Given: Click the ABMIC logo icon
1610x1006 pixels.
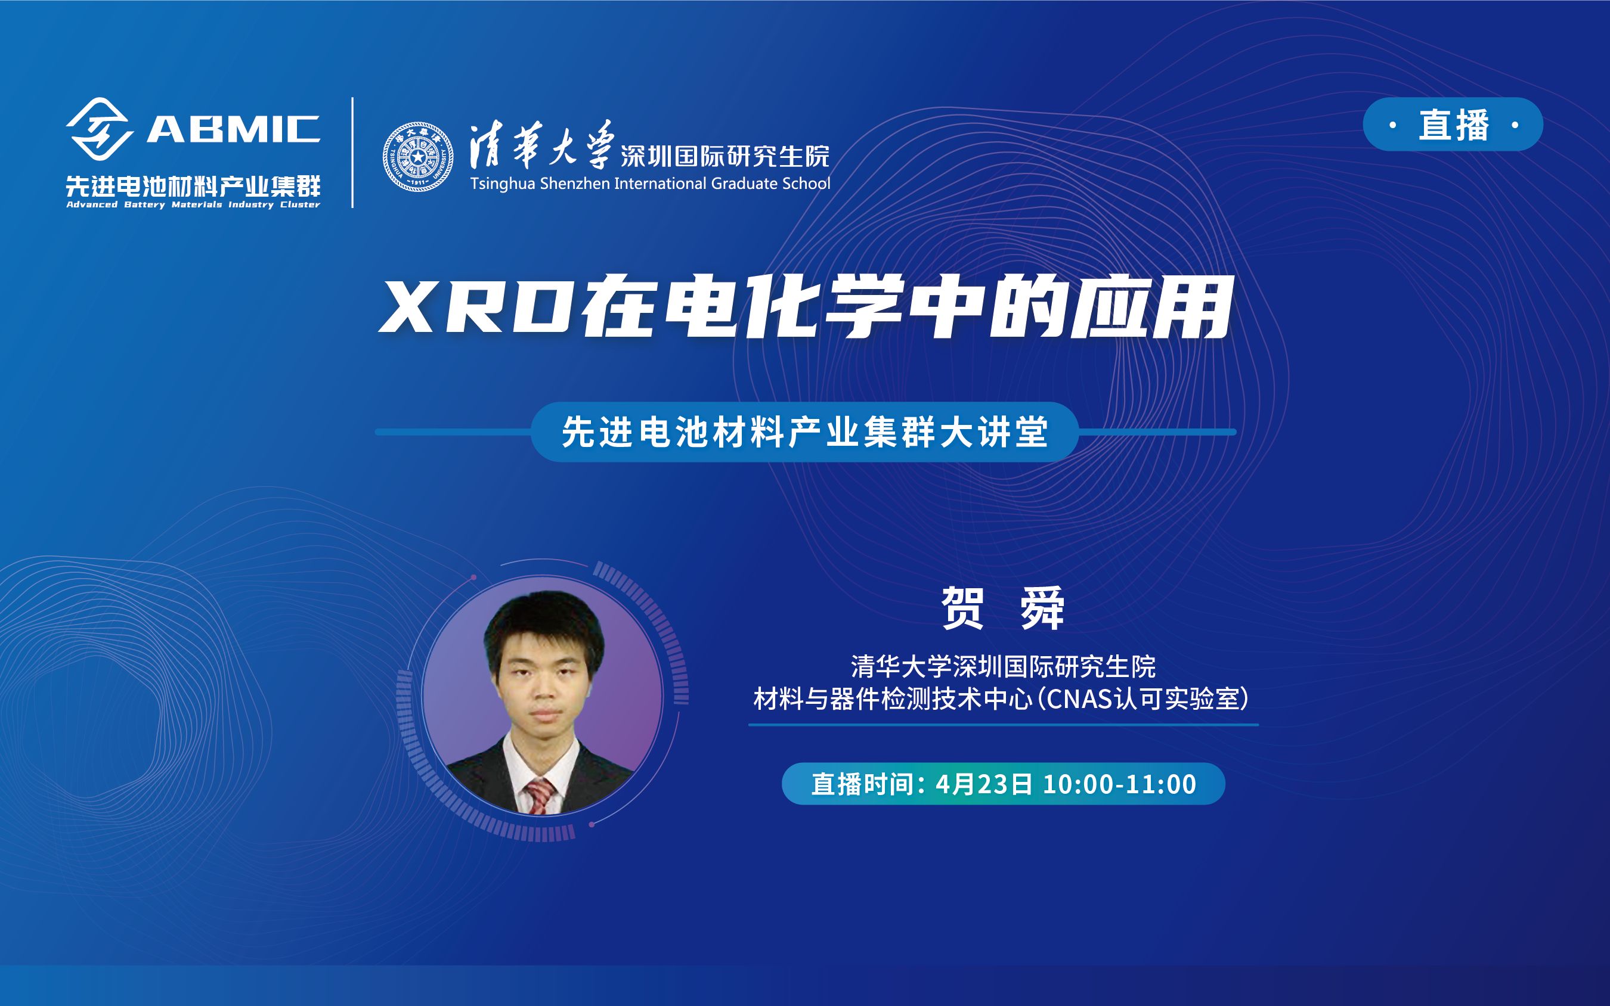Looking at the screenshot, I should coord(98,128).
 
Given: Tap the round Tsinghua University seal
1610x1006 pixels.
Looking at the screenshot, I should coord(418,157).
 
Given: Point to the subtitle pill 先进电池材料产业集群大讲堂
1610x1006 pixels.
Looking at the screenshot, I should coord(804,432).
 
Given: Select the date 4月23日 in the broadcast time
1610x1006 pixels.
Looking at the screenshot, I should coord(984,784).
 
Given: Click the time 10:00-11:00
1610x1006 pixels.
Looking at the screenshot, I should coord(1119,784).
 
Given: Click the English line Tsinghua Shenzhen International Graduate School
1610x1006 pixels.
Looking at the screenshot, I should coord(649,184).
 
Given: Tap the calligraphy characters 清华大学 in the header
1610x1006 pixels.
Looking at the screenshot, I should coord(540,145).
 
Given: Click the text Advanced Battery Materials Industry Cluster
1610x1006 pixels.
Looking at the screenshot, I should coord(193,205).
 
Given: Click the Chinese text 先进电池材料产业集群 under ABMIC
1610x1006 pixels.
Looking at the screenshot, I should coord(193,185).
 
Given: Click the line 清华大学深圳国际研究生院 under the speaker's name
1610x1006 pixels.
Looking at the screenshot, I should coord(1002,666).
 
